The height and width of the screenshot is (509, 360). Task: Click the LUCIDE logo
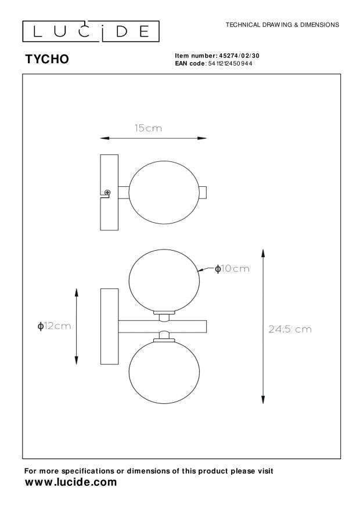91,31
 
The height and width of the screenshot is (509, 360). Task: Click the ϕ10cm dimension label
232,269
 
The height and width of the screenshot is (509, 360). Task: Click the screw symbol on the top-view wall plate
107,193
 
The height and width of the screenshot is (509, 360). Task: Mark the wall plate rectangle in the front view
109,326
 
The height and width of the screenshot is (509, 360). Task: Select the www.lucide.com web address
71,482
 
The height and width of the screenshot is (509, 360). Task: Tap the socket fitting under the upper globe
163,316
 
